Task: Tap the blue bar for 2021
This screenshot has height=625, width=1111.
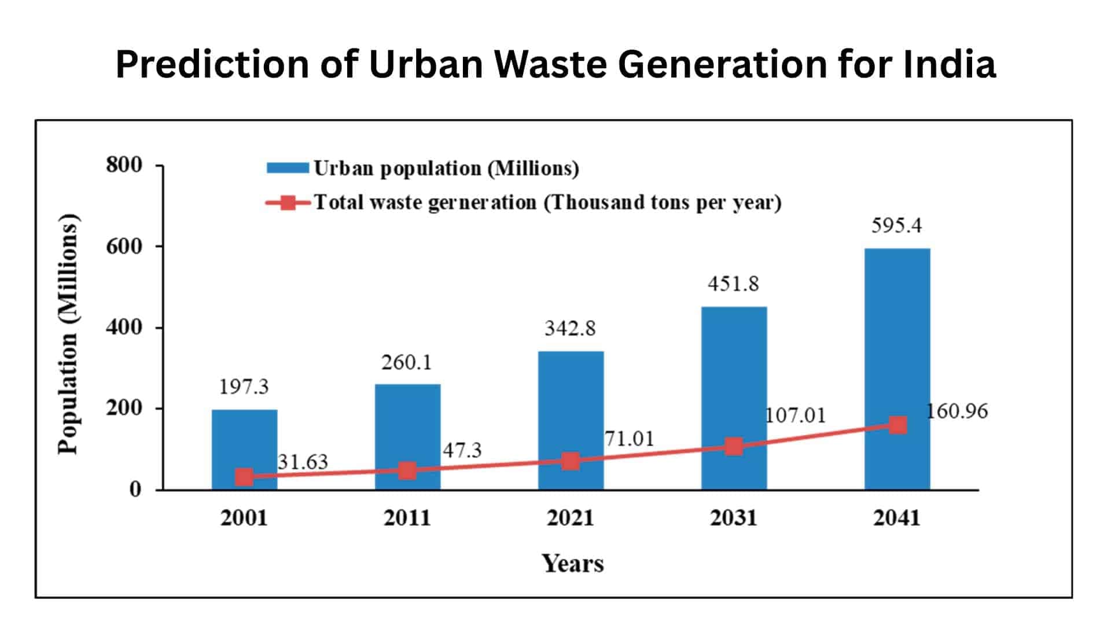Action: pyautogui.click(x=571, y=405)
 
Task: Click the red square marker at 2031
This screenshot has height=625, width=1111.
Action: pyautogui.click(x=734, y=446)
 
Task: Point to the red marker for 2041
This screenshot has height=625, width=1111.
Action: pyautogui.click(x=897, y=425)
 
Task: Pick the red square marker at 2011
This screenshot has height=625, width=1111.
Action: pyautogui.click(x=407, y=470)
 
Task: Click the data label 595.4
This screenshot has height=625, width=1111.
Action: pyautogui.click(x=896, y=225)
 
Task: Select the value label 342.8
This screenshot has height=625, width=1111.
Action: pyautogui.click(x=570, y=329)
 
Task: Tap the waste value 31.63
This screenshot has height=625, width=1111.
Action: pyautogui.click(x=303, y=462)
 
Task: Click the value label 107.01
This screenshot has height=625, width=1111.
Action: pyautogui.click(x=795, y=416)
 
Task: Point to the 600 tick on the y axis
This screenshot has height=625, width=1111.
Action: pyautogui.click(x=124, y=247)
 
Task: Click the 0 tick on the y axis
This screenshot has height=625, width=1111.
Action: pyautogui.click(x=135, y=490)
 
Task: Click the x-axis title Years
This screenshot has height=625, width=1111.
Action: pyautogui.click(x=572, y=563)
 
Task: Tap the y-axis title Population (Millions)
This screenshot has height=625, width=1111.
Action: pyautogui.click(x=68, y=334)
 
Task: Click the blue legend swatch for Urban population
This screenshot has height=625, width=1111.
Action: pyautogui.click(x=288, y=168)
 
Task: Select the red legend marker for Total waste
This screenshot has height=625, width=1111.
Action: pyautogui.click(x=288, y=203)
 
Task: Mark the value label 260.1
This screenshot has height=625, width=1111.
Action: pyautogui.click(x=406, y=363)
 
